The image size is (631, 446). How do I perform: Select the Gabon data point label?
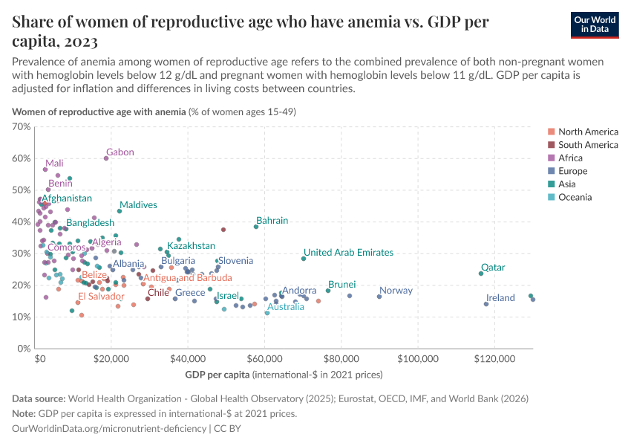[x=120, y=152]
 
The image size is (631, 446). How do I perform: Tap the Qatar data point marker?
[x=481, y=274]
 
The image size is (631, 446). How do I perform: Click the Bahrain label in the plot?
[x=272, y=221]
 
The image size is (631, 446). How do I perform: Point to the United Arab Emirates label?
[x=348, y=253]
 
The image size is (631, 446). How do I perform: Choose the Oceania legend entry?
[x=575, y=198]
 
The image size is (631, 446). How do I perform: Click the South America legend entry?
[x=588, y=145]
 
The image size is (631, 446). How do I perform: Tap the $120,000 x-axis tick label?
[x=494, y=358]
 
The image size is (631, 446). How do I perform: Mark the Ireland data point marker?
[x=486, y=304]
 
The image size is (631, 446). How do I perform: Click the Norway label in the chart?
[x=396, y=291]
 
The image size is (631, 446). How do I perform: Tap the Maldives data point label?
[x=138, y=204]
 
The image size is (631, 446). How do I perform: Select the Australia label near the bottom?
[x=286, y=307]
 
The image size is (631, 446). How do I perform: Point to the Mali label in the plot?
[x=54, y=164]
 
